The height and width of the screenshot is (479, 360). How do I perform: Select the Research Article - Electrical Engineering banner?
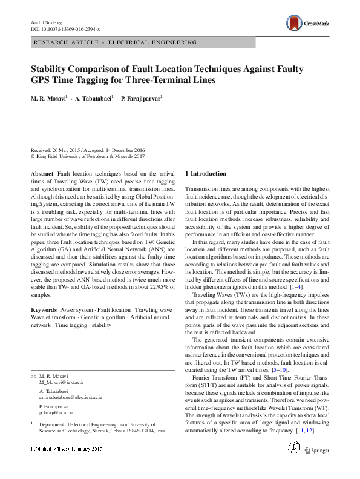click(116, 42)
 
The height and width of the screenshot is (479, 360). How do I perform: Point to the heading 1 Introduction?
click(205, 174)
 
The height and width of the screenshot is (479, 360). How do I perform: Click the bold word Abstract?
click(42, 174)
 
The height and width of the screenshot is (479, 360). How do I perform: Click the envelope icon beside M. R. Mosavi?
click(33, 377)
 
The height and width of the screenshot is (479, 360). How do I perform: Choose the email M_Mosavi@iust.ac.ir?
click(62, 383)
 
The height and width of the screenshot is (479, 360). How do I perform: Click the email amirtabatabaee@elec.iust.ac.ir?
click(71, 398)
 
